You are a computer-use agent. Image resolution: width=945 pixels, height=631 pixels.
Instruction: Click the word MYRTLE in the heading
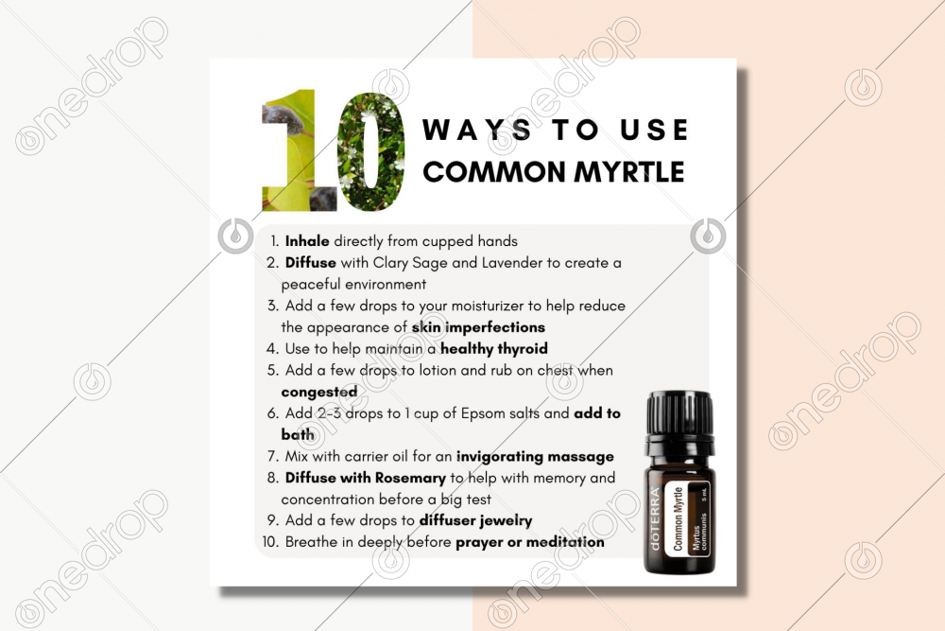pyautogui.click(x=628, y=172)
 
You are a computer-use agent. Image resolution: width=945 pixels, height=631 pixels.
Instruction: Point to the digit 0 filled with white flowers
pyautogui.click(x=370, y=151)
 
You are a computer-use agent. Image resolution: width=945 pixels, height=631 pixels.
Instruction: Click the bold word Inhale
pyautogui.click(x=307, y=241)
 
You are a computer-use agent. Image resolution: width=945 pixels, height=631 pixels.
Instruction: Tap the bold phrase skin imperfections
pyautogui.click(x=478, y=327)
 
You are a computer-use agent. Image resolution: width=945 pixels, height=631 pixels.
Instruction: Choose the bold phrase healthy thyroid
pyautogui.click(x=494, y=349)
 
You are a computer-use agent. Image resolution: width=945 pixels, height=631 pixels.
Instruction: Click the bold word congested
pyautogui.click(x=318, y=392)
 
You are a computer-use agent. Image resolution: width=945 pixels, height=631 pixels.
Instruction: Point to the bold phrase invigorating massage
pyautogui.click(x=535, y=457)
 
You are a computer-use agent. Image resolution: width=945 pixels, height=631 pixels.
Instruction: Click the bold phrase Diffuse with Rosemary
pyautogui.click(x=365, y=478)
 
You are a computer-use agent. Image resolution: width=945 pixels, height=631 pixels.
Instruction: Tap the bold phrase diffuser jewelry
pyautogui.click(x=475, y=520)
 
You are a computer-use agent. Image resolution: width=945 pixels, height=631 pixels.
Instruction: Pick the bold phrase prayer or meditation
pyautogui.click(x=530, y=542)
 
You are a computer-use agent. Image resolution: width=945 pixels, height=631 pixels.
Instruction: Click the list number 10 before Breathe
pyautogui.click(x=270, y=542)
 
